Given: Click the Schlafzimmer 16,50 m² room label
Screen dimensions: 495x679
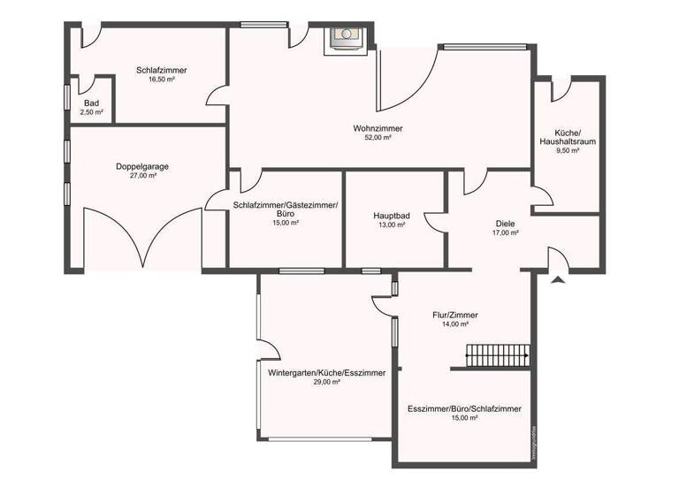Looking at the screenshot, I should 161,70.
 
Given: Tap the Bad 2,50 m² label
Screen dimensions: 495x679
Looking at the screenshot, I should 92,103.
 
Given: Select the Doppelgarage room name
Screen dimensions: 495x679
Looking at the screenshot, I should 142,166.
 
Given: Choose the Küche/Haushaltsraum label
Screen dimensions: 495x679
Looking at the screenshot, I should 567,136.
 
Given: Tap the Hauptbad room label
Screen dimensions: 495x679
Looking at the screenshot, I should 389,215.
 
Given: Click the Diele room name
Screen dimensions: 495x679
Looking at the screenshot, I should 505,224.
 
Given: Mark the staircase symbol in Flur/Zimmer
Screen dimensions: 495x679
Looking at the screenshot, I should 497,355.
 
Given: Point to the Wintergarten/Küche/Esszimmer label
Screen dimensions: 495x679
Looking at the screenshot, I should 327,373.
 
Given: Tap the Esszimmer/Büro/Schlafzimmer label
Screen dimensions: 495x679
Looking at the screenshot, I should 464,409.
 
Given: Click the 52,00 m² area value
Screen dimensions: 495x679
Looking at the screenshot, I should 378,138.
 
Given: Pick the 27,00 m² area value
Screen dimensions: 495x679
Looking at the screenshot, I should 142,176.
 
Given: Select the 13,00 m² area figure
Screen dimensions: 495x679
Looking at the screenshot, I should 389,225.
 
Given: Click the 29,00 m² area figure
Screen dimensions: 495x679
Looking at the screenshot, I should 327,383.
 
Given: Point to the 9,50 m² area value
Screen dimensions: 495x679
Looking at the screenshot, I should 567,151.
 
